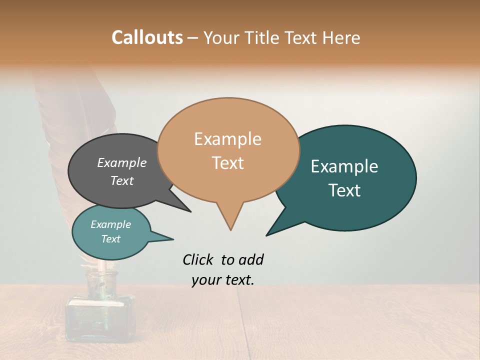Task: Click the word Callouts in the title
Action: [x=147, y=37]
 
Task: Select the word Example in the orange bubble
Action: [x=227, y=139]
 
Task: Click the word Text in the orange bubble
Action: [x=227, y=163]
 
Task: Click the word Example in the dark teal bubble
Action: [x=344, y=166]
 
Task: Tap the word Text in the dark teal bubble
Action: [x=344, y=190]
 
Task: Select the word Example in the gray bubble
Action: [x=121, y=162]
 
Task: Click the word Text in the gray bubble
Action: [x=121, y=180]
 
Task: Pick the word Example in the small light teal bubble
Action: [x=110, y=224]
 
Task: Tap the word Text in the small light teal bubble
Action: [x=110, y=239]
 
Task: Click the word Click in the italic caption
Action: [x=199, y=259]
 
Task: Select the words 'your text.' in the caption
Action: [x=222, y=280]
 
